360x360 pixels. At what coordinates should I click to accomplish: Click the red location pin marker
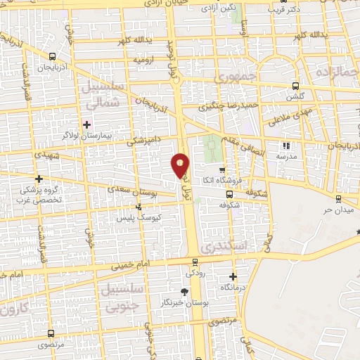181,165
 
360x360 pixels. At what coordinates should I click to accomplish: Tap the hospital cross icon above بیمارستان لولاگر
86,124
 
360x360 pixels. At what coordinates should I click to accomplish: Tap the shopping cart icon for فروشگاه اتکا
222,170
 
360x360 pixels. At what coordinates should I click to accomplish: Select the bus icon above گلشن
292,85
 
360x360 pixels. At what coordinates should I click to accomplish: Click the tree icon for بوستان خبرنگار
184,292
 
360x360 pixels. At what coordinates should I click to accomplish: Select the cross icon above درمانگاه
234,276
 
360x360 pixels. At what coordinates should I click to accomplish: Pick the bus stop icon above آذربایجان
53,58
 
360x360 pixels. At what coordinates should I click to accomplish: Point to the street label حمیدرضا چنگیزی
221,108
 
